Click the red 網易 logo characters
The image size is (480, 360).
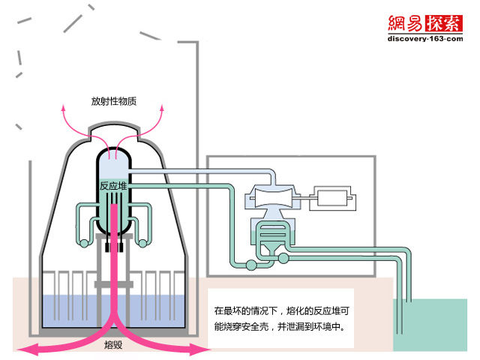406,23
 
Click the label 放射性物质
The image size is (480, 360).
114,101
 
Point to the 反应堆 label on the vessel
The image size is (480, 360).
114,185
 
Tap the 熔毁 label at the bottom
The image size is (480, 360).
114,346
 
